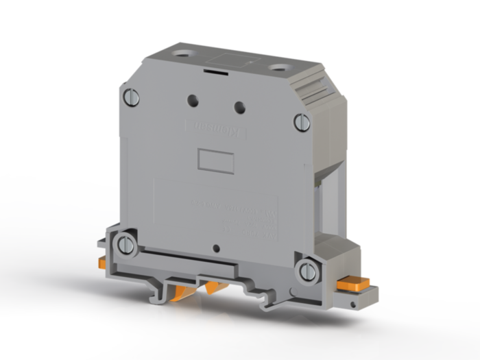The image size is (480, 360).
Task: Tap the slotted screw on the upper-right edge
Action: coord(302,122)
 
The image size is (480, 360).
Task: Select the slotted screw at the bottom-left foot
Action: coord(125,245)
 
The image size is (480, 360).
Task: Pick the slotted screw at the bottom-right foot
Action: coord(307,269)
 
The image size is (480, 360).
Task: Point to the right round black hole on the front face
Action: coord(240,107)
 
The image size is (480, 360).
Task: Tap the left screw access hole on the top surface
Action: coord(182,53)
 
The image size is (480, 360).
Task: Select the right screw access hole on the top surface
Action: coord(279,67)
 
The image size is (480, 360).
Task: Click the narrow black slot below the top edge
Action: coord(217,68)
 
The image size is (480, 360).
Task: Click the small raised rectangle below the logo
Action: coord(215,160)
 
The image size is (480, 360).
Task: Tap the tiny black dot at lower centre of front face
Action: coord(217,248)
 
